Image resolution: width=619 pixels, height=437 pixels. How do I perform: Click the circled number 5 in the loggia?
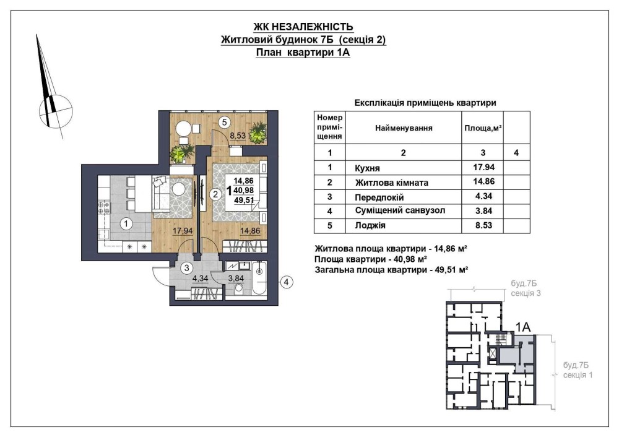[224, 123]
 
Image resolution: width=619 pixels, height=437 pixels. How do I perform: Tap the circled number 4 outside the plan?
[287, 282]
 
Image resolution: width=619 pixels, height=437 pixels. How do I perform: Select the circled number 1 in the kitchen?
[126, 224]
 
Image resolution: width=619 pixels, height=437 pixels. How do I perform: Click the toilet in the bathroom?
[238, 290]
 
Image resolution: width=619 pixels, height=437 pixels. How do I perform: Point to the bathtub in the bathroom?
[259, 279]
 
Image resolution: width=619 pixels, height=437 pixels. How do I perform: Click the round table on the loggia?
[183, 128]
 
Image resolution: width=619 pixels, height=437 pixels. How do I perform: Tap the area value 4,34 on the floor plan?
[200, 279]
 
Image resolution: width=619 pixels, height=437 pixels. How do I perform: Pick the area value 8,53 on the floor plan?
[238, 136]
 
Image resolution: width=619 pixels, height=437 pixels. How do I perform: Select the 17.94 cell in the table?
[483, 167]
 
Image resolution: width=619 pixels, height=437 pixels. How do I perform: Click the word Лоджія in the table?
[370, 226]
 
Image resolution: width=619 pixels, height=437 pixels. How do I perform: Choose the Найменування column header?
[404, 128]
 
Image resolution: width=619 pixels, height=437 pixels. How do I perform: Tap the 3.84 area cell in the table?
[483, 211]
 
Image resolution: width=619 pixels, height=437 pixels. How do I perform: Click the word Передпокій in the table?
[379, 197]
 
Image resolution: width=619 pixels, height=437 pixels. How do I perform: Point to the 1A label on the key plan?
[523, 327]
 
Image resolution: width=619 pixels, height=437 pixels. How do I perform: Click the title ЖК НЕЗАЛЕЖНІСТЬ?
[303, 27]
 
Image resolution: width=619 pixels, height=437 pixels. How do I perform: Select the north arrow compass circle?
[56, 111]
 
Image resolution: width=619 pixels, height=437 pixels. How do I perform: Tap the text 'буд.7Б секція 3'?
[526, 288]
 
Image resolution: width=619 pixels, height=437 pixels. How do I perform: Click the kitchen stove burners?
[104, 207]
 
